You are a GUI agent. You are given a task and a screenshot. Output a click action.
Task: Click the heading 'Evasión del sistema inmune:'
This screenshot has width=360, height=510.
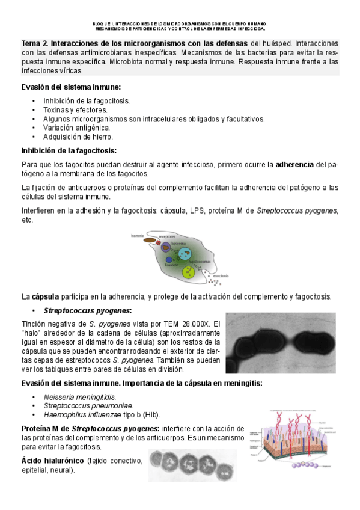(x=71, y=87)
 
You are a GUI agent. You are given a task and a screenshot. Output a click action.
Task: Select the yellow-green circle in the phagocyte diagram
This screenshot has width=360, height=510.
(x=190, y=272)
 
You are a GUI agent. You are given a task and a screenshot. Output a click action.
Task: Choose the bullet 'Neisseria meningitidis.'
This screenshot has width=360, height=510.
(x=80, y=397)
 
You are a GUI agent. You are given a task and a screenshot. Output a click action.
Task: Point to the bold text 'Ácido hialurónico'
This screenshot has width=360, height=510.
(x=53, y=461)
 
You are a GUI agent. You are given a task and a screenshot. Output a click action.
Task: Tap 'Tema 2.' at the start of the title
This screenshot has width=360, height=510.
(x=35, y=44)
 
